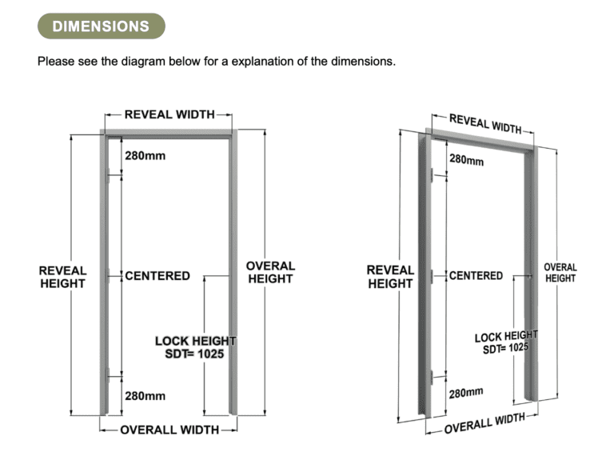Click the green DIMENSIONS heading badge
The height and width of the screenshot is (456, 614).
point(101,26)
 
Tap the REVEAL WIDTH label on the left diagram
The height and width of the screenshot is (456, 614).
point(169,114)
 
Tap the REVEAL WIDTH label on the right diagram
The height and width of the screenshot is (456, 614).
point(485,123)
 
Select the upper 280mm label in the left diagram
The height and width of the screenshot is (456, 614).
point(146,156)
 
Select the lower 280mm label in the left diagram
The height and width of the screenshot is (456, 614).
point(146,396)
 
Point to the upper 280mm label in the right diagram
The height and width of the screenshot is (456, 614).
point(466,160)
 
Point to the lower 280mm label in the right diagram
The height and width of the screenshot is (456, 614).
point(466,393)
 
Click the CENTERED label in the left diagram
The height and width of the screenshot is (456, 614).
point(157,276)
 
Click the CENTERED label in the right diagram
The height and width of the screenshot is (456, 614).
point(476,276)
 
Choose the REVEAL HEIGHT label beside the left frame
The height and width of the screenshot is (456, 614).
point(62,277)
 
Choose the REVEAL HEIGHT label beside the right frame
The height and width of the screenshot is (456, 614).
point(390,277)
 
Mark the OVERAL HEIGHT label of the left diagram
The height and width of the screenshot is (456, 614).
point(270,272)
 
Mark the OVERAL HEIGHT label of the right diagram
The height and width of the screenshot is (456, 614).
point(560,273)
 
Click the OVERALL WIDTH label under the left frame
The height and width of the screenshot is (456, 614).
point(169,430)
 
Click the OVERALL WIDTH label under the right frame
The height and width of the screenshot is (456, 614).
point(484,423)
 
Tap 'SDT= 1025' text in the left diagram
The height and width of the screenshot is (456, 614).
point(194,354)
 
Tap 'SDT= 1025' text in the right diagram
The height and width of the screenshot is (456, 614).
point(505,348)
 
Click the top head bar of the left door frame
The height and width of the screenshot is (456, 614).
point(169,133)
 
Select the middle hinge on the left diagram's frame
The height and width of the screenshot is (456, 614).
point(108,275)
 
